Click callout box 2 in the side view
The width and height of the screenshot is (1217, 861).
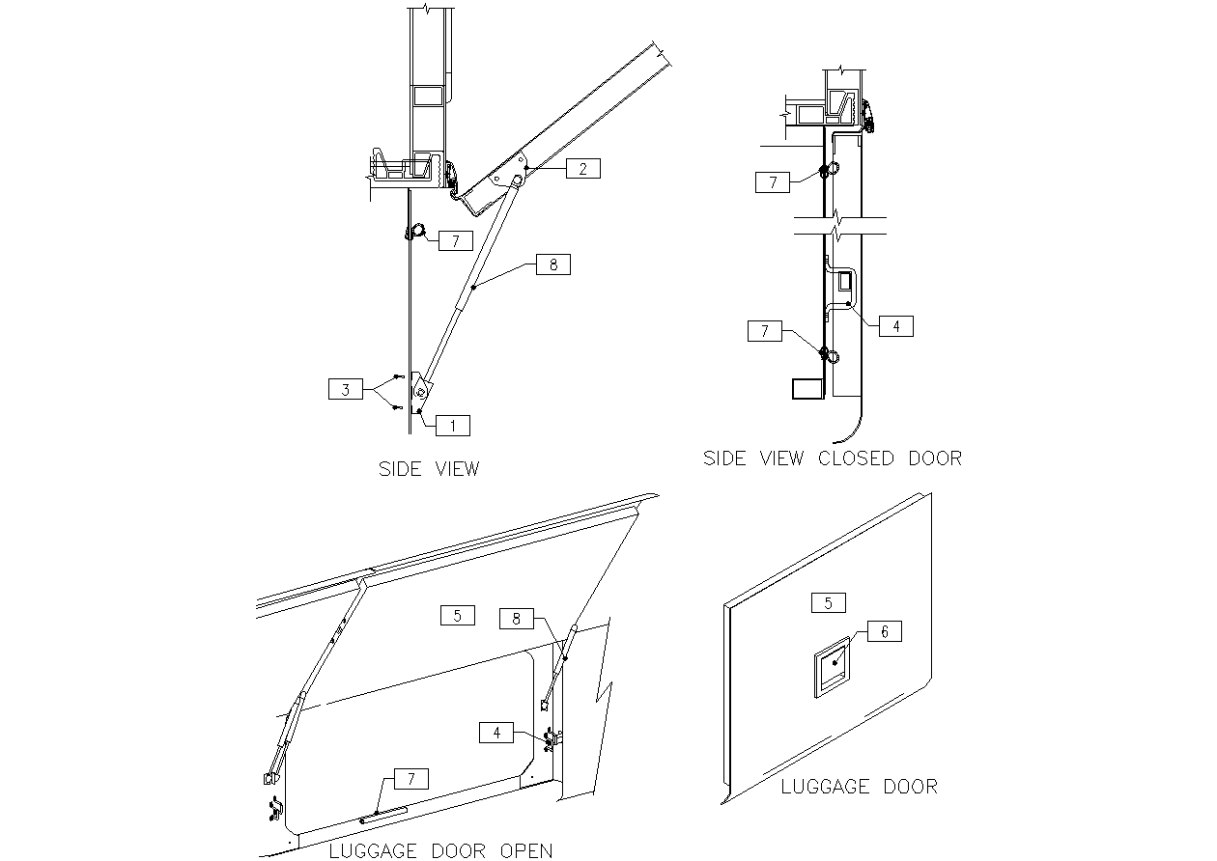tap(582, 169)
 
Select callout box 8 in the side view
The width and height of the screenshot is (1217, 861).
tap(552, 264)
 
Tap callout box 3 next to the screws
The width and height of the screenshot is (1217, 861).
tap(345, 390)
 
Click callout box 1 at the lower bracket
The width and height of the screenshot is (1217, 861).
tap(453, 425)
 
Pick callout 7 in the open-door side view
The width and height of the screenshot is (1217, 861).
tap(455, 241)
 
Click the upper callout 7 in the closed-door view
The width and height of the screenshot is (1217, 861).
tap(773, 182)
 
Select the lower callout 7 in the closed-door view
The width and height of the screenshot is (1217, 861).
tap(765, 331)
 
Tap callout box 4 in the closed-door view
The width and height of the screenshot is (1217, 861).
tap(895, 326)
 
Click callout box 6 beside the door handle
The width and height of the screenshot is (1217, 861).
tap(885, 631)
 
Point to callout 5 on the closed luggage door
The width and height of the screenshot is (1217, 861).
tap(829, 603)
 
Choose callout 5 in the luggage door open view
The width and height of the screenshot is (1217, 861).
tap(457, 614)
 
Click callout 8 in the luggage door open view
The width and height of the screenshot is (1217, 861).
tap(517, 618)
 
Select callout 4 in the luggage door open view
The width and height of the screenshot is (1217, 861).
tap(496, 733)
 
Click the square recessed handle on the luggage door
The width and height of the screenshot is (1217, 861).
tap(831, 666)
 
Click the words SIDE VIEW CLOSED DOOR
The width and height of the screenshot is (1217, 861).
tap(832, 458)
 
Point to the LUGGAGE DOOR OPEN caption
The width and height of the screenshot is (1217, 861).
tap(440, 850)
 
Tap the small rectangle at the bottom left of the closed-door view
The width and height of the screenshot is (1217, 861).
tap(806, 388)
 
